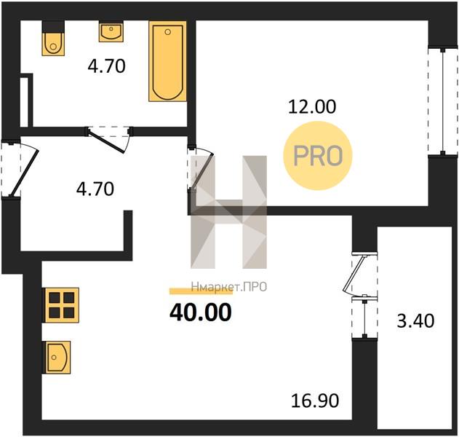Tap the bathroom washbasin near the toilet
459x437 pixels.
[x=111, y=31]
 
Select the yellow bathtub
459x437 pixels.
[x=167, y=61]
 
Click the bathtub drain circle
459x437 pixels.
[x=168, y=32]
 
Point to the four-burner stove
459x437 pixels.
[x=62, y=305]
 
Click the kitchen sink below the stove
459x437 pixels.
[x=57, y=357]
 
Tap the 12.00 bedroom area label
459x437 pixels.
[x=312, y=106]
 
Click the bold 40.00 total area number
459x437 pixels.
[x=201, y=312]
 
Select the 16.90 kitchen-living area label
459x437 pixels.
[x=315, y=401]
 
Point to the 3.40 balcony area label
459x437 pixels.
[x=415, y=320]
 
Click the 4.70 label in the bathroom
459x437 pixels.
[x=106, y=66]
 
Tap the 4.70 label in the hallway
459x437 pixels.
[x=95, y=189]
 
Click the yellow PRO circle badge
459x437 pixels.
[x=318, y=156]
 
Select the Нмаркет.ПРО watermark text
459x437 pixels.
[x=229, y=287]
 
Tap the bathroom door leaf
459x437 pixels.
[x=106, y=142]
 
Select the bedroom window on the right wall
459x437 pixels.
[x=442, y=101]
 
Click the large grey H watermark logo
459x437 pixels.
[x=228, y=212]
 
